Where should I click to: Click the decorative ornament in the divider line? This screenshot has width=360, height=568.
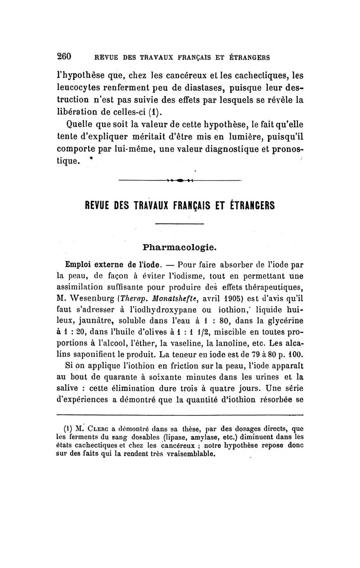tap(180, 181)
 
